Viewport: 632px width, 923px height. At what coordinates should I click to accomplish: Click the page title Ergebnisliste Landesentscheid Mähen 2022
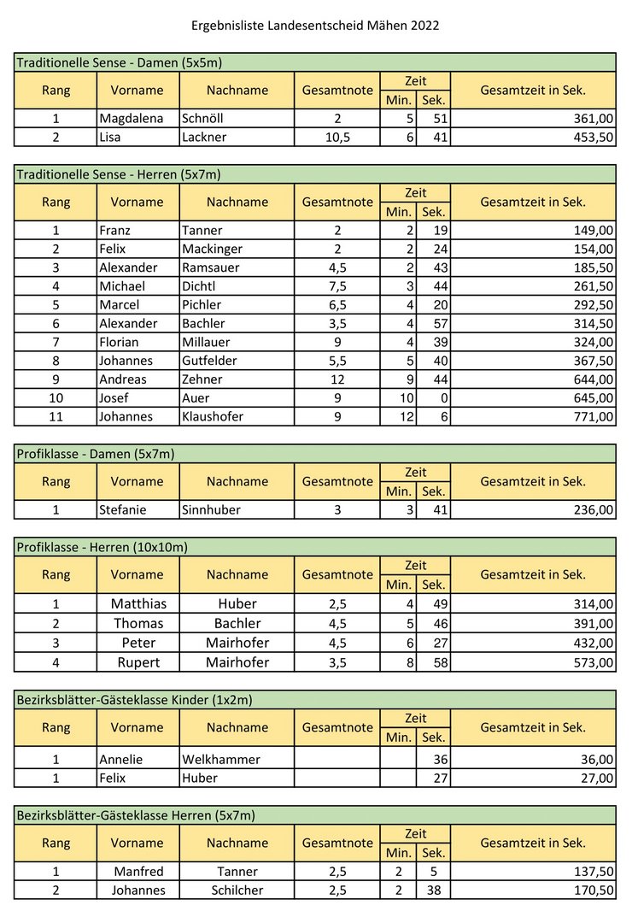click(315, 26)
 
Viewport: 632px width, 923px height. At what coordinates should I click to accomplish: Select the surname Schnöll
click(204, 119)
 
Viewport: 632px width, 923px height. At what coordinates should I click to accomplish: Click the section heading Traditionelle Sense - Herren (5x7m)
click(119, 174)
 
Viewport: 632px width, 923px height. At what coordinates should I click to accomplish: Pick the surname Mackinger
click(212, 249)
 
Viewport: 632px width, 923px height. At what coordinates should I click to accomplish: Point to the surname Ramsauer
click(210, 267)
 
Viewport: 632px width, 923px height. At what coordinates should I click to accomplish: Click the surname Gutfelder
click(210, 361)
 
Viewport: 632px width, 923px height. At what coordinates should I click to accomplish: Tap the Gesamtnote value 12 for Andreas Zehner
click(337, 379)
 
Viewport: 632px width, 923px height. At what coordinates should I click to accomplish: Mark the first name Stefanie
click(123, 510)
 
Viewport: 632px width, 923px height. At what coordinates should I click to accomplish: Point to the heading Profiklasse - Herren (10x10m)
click(102, 547)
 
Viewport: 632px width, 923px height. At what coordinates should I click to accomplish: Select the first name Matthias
click(138, 603)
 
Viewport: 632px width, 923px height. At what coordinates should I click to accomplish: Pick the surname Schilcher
click(237, 891)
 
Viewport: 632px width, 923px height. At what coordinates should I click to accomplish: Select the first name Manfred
click(138, 872)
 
